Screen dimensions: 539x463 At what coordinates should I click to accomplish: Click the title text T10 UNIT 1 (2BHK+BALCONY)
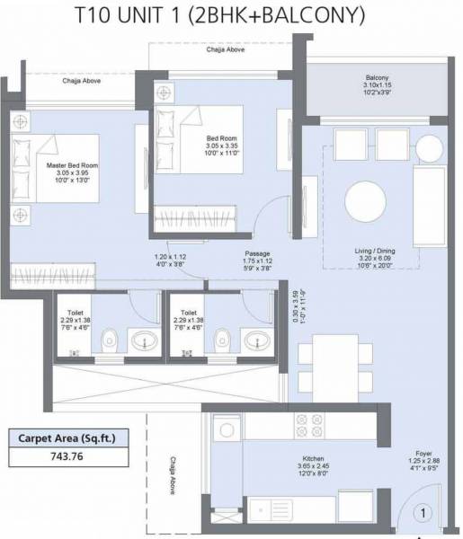[x=232, y=15]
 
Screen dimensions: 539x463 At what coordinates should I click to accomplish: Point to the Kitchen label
[x=313, y=457]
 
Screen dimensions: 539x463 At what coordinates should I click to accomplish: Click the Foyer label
[x=423, y=454]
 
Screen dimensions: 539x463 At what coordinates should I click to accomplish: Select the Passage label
[x=257, y=254]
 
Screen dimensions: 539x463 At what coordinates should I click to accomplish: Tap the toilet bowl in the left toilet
[x=109, y=340]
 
